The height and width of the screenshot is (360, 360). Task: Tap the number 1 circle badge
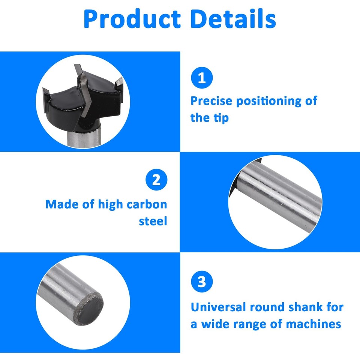click(202, 78)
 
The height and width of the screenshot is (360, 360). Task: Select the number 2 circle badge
click(156, 181)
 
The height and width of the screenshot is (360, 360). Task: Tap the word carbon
click(147, 204)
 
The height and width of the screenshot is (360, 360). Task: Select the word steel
click(153, 221)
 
